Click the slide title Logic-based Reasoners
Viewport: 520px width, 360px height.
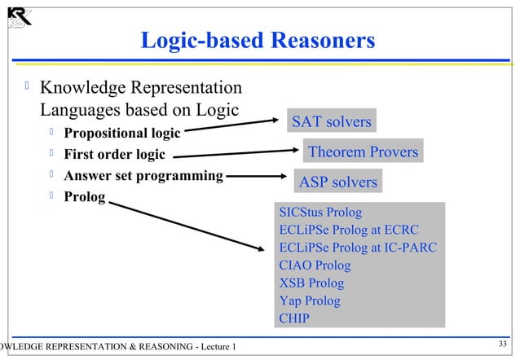[x=258, y=41]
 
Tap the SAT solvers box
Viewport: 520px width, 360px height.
[x=331, y=122]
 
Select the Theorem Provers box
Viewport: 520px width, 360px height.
[x=363, y=151]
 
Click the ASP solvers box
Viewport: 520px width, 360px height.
[x=338, y=182]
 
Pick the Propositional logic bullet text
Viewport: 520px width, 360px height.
[x=122, y=133]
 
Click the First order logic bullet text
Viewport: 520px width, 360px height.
[x=114, y=154]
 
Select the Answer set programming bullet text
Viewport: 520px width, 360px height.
[x=143, y=175]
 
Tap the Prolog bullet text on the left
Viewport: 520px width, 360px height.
[x=84, y=196]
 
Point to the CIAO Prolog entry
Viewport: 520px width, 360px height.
[x=315, y=266]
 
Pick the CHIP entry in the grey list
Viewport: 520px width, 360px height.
[x=294, y=318]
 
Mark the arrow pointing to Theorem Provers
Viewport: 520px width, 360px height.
[x=236, y=154]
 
